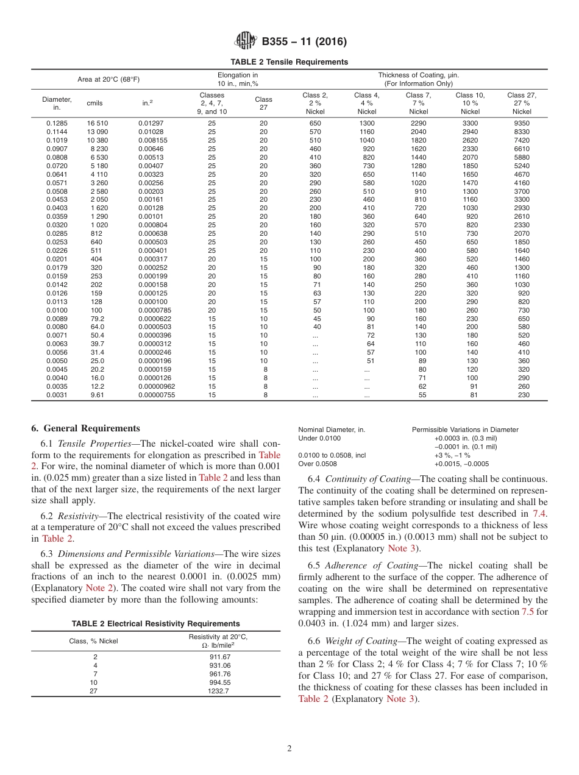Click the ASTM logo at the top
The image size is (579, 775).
(x=245, y=41)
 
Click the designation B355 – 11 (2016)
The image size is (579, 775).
(x=304, y=42)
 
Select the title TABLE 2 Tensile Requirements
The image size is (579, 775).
(x=289, y=62)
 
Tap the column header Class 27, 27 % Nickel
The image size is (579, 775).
(x=522, y=103)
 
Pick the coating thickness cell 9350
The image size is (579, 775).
(x=522, y=123)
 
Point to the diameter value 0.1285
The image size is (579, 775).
(x=57, y=123)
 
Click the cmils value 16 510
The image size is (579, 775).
(x=97, y=123)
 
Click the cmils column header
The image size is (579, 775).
(x=95, y=103)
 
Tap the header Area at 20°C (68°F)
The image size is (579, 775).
(x=108, y=79)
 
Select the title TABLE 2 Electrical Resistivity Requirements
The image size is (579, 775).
(x=155, y=623)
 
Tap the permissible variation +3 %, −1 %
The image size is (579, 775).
(x=452, y=455)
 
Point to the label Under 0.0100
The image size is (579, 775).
(x=319, y=438)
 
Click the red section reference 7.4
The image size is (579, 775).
(x=540, y=513)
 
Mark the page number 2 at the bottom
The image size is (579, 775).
(x=289, y=749)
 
